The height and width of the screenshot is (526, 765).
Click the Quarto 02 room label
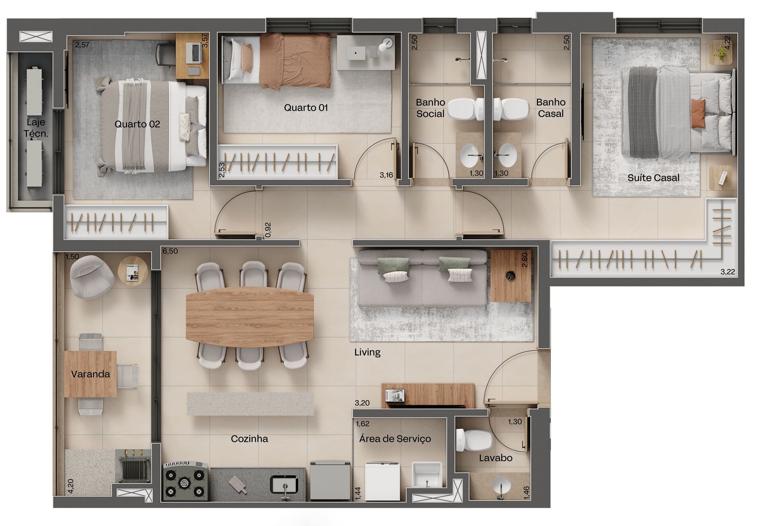pos(137,124)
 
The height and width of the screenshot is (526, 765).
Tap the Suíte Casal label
pos(653,178)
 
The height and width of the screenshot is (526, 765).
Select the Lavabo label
pos(496,458)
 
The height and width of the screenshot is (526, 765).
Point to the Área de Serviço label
pos(395,439)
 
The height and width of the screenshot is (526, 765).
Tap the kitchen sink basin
pos(284,485)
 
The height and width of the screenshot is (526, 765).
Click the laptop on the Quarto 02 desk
pos(194,53)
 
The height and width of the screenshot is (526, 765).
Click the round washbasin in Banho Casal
pos(507,155)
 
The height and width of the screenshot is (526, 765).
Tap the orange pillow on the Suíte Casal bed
pos(698,114)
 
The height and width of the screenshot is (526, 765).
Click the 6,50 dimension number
pos(170,251)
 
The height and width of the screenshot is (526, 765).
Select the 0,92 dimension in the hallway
pos(268,230)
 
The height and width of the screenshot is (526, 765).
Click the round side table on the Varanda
pos(133,271)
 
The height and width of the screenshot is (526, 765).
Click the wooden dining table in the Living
pos(250,317)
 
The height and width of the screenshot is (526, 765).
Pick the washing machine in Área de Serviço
pos(382,481)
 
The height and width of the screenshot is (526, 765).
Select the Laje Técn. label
pos(36,128)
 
